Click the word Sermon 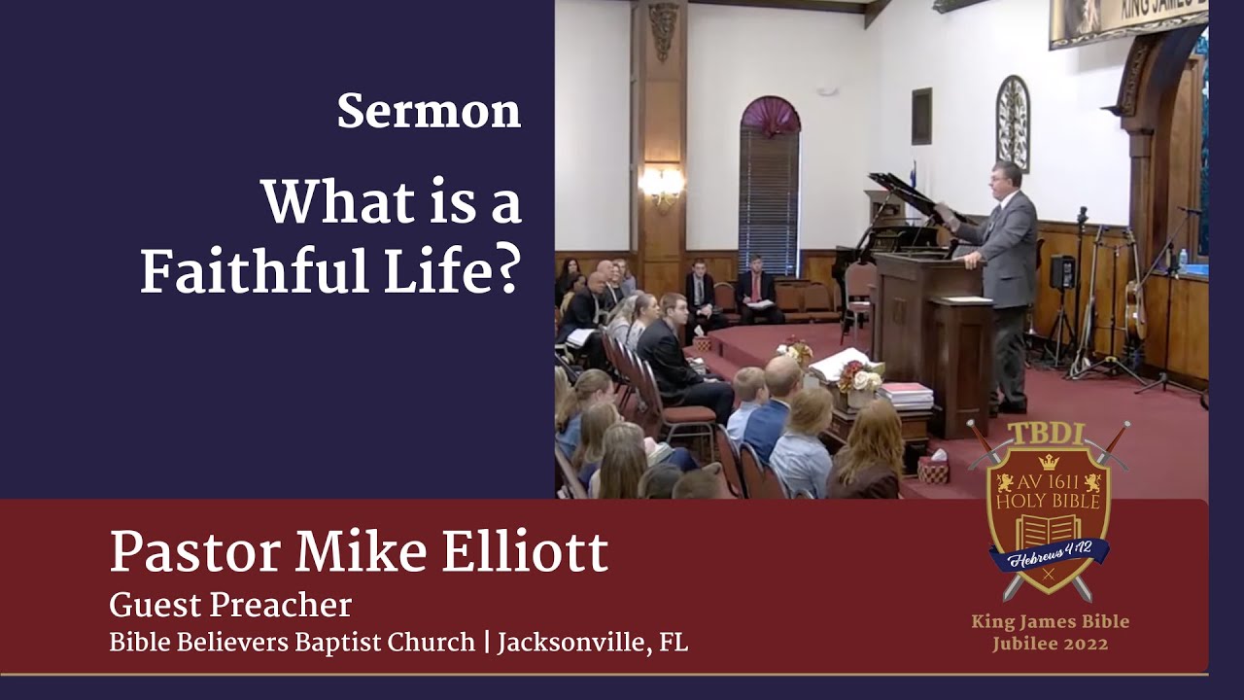(429, 112)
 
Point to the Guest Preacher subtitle (230, 606)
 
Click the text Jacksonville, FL (592, 643)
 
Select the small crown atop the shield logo (1048, 462)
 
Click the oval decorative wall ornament (1012, 123)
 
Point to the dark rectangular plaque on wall (921, 116)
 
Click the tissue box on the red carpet (933, 471)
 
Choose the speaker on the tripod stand (1063, 272)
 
